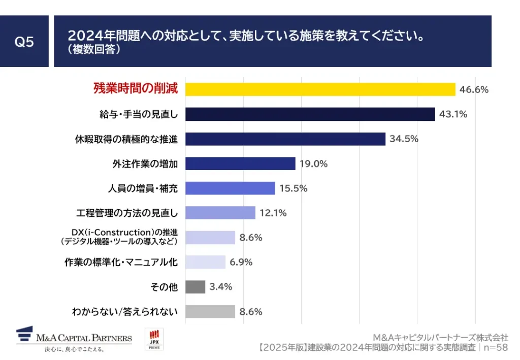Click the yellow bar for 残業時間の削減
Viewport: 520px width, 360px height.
point(320,89)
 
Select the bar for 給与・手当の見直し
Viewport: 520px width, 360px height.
point(310,114)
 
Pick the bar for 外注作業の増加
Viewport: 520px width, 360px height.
point(240,163)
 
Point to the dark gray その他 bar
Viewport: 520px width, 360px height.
point(195,287)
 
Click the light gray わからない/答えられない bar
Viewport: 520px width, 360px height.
point(210,311)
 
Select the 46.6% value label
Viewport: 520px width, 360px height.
point(474,90)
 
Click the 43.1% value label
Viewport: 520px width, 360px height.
point(453,114)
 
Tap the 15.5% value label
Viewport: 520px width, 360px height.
point(293,188)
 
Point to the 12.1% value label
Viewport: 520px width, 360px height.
point(273,213)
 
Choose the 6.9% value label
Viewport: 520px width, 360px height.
point(241,262)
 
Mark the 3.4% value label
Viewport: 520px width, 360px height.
point(221,287)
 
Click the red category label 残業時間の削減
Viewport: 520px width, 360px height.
point(136,88)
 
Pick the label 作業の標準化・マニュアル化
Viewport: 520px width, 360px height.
point(121,262)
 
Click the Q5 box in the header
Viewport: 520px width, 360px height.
point(24,42)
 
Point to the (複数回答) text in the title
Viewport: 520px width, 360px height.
point(93,50)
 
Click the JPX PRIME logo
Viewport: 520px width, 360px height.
point(154,339)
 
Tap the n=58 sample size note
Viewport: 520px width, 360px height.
point(496,348)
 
